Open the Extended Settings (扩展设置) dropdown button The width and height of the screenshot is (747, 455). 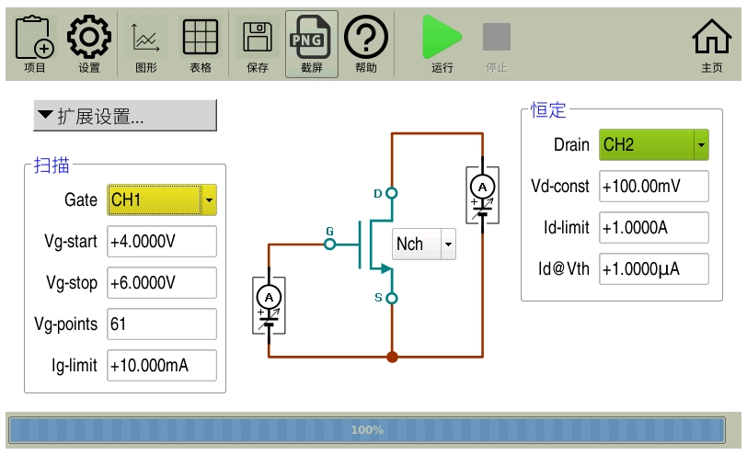(x=124, y=116)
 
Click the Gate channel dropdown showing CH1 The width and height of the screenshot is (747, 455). (x=162, y=199)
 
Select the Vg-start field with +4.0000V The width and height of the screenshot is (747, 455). (x=161, y=241)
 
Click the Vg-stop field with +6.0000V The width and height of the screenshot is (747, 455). (x=161, y=282)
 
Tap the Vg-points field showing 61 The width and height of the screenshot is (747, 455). (x=161, y=324)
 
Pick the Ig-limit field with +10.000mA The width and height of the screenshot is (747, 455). (x=161, y=365)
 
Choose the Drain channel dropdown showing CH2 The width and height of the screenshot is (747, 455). (x=654, y=144)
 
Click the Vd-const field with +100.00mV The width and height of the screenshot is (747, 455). (x=654, y=186)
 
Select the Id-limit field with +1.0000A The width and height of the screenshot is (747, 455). (x=654, y=227)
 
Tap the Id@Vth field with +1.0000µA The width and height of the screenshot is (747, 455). (x=654, y=268)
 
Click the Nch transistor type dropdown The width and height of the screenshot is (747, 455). (x=423, y=244)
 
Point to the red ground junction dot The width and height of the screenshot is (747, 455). (x=392, y=357)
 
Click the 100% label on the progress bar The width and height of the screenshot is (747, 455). (x=367, y=429)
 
